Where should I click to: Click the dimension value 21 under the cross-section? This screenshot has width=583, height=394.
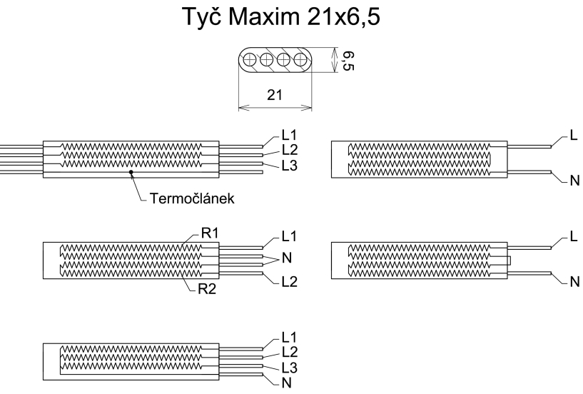click(x=275, y=96)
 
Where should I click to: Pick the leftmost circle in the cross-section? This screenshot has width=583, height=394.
click(x=251, y=60)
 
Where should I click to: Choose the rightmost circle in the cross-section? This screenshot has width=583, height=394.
click(x=298, y=60)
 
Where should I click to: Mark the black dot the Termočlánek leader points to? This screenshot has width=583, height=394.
click(x=131, y=173)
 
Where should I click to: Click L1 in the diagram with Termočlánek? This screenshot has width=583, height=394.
click(x=289, y=136)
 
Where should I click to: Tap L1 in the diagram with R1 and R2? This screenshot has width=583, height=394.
click(x=289, y=235)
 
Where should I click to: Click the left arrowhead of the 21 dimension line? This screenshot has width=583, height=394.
click(x=241, y=109)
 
